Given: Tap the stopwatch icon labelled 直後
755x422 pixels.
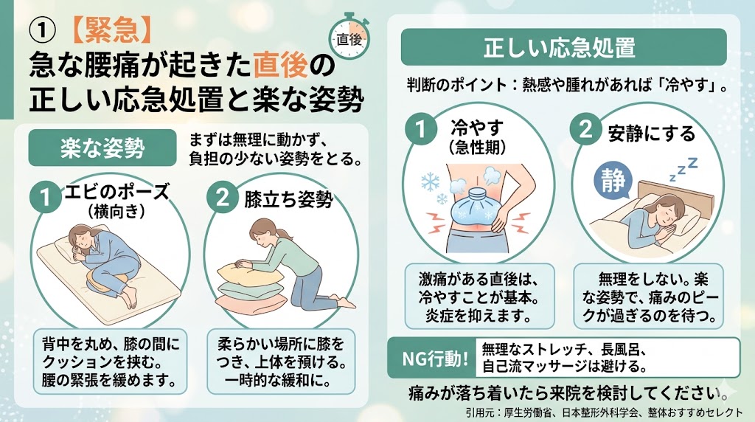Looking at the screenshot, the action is [349, 38].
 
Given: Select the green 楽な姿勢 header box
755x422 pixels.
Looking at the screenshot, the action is [102, 148].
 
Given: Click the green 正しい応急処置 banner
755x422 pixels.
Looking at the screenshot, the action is [563, 46].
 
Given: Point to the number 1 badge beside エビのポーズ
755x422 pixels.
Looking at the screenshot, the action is [45, 196].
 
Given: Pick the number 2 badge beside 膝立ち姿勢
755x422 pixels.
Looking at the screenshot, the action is [222, 196].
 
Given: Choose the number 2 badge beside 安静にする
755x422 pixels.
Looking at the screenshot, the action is [585, 129].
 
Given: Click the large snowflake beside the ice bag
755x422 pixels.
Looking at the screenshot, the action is [430, 182].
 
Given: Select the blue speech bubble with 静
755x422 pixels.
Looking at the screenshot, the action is [613, 181].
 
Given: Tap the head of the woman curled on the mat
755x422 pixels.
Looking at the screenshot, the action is [80, 236].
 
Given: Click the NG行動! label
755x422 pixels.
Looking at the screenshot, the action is [435, 359].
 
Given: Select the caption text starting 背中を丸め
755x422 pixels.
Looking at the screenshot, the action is [111, 362].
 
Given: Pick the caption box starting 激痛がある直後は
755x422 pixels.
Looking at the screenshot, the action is [479, 297].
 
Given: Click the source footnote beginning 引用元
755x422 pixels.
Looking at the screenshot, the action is [605, 412].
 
